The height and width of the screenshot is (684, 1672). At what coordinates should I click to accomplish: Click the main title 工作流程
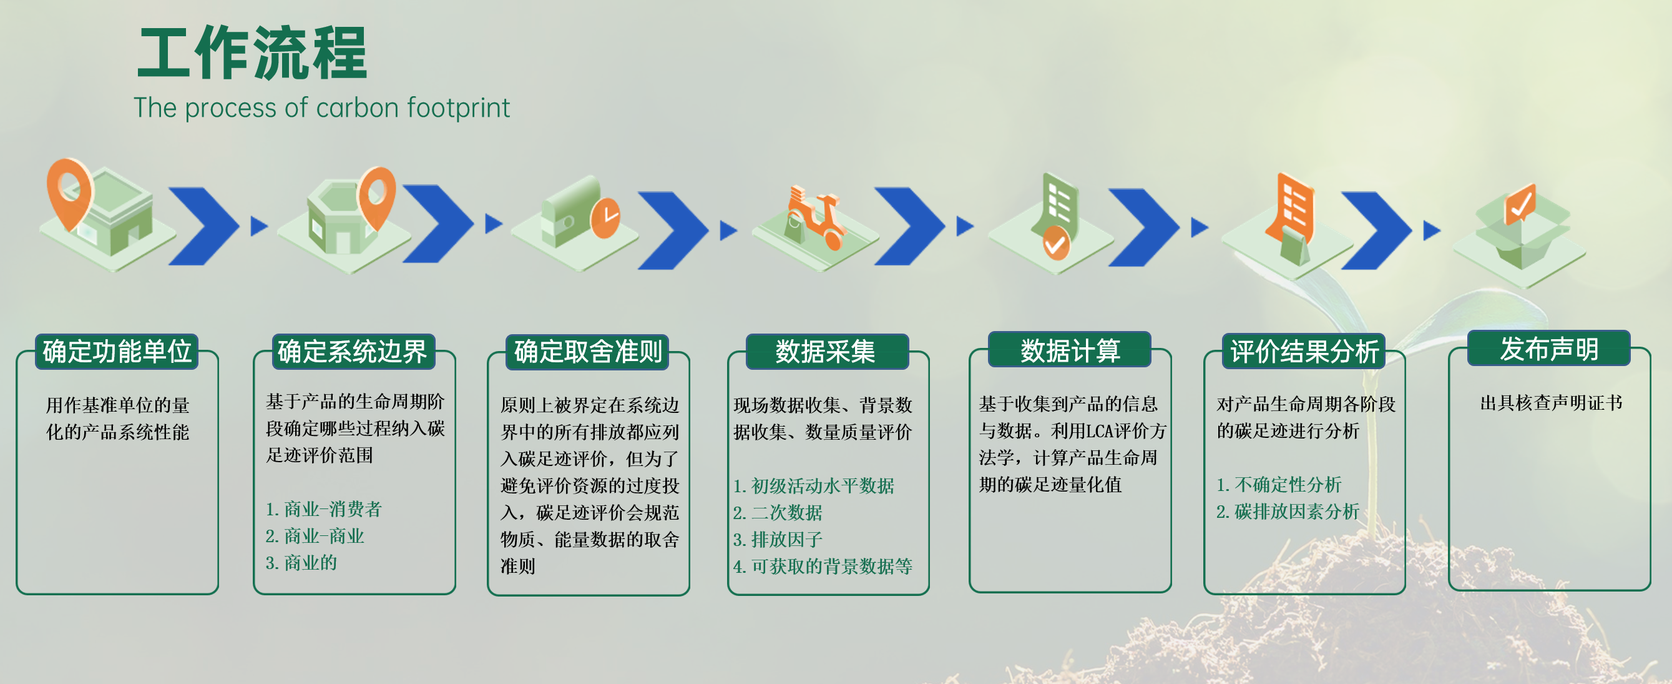(x=252, y=53)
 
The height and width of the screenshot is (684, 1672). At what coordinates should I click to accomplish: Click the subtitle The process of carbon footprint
(x=321, y=108)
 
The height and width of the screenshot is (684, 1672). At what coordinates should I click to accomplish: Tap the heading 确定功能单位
(x=117, y=352)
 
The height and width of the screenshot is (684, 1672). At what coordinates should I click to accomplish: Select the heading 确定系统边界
(x=353, y=352)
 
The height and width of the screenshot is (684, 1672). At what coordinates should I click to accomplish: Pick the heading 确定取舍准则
(x=587, y=352)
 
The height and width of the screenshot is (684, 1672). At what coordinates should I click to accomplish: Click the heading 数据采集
(x=826, y=352)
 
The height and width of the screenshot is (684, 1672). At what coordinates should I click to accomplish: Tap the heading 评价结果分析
(x=1304, y=352)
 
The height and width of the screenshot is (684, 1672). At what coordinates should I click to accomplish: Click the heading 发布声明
(x=1548, y=349)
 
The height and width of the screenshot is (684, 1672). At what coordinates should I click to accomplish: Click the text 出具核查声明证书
(x=1551, y=404)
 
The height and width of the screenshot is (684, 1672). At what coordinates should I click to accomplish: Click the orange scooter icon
(x=814, y=218)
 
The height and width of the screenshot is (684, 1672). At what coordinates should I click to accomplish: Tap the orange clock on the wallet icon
(x=605, y=217)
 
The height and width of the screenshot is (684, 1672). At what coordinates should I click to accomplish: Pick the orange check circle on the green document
(x=1056, y=243)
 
